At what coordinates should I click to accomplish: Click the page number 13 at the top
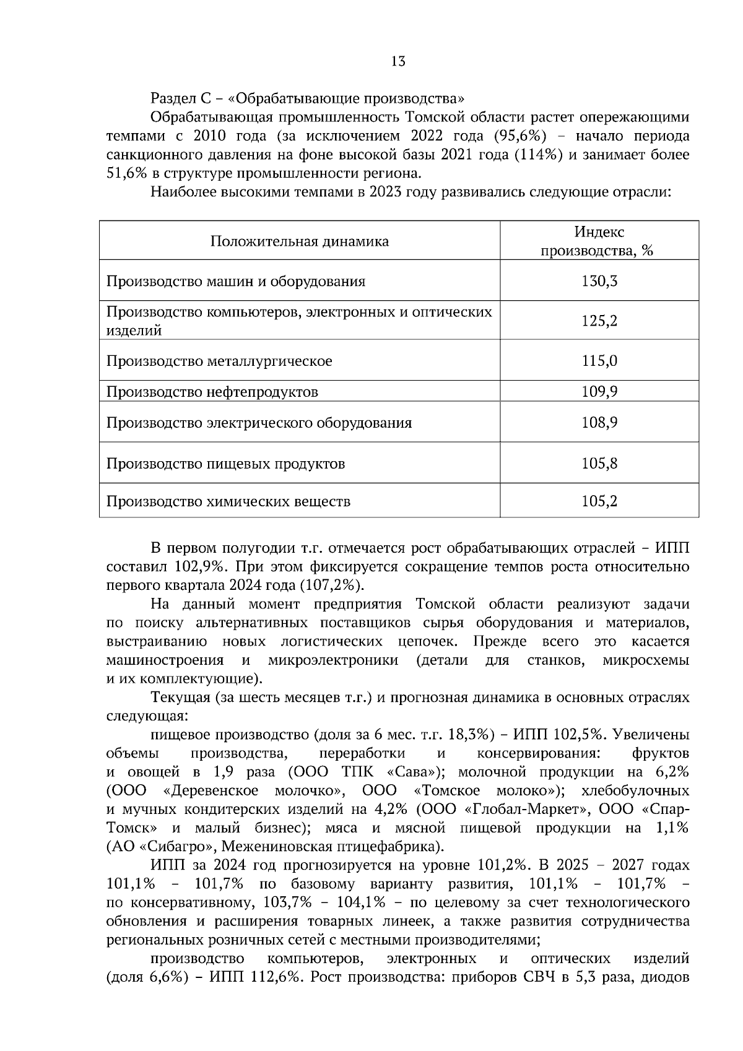pos(398,61)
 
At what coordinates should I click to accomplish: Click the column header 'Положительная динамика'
pos(299,241)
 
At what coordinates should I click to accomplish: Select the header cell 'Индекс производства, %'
pos(599,241)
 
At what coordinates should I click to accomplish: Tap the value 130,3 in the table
pos(599,281)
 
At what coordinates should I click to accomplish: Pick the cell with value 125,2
pos(599,321)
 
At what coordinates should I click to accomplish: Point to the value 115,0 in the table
pos(599,360)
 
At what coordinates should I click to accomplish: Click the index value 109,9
pos(599,391)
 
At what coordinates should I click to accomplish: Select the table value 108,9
pos(599,423)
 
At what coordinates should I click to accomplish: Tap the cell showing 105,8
pos(599,463)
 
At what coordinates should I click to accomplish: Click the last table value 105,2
pos(599,501)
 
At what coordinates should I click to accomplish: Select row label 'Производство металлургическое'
pos(219,361)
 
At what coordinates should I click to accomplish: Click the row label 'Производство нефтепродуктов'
pos(212,392)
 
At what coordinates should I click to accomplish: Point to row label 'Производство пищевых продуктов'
pos(225,464)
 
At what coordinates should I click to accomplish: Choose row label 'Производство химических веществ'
pos(228,501)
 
